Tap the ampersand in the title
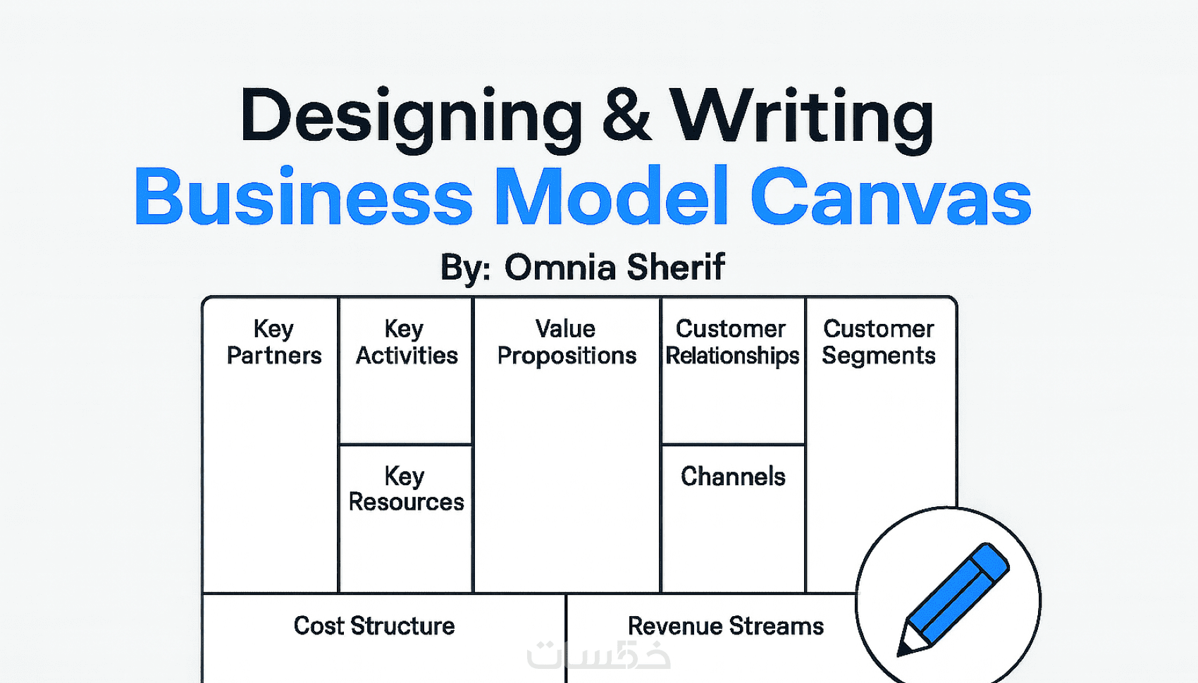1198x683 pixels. [626, 115]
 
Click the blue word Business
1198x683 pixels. [303, 196]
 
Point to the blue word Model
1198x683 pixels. [611, 196]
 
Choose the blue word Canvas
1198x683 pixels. [891, 196]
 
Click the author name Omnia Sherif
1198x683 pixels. [615, 267]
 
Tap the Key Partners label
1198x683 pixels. [274, 342]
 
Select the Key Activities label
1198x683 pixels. [407, 342]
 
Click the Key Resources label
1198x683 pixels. [407, 489]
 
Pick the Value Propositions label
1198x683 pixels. [567, 342]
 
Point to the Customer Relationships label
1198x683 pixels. [732, 342]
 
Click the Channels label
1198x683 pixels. [733, 476]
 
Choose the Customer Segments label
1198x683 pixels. [879, 342]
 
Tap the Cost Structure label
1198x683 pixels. [374, 626]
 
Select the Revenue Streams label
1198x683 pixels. [726, 626]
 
